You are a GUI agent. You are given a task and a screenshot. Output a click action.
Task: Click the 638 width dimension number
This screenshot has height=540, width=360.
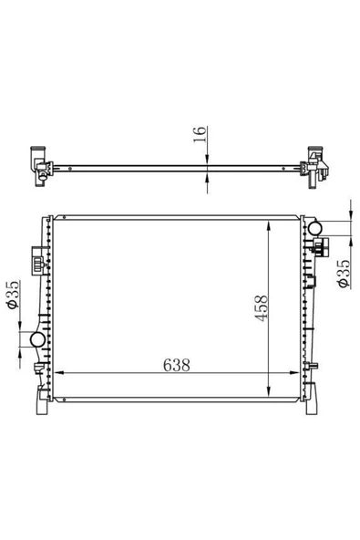(176, 365)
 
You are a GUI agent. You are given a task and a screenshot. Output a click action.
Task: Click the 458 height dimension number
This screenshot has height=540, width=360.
(261, 308)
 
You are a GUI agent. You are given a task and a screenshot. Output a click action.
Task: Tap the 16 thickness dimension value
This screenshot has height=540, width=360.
(200, 134)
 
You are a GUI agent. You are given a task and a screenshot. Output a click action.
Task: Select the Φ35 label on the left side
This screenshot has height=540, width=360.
(13, 295)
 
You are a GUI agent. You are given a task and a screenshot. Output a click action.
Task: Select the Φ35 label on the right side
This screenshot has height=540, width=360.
(344, 274)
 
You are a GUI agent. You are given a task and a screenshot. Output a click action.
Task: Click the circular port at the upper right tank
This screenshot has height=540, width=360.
(314, 228)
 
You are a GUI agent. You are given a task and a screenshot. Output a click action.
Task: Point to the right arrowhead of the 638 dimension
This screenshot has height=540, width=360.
(294, 373)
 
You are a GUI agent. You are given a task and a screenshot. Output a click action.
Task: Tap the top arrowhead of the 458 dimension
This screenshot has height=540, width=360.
(269, 226)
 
